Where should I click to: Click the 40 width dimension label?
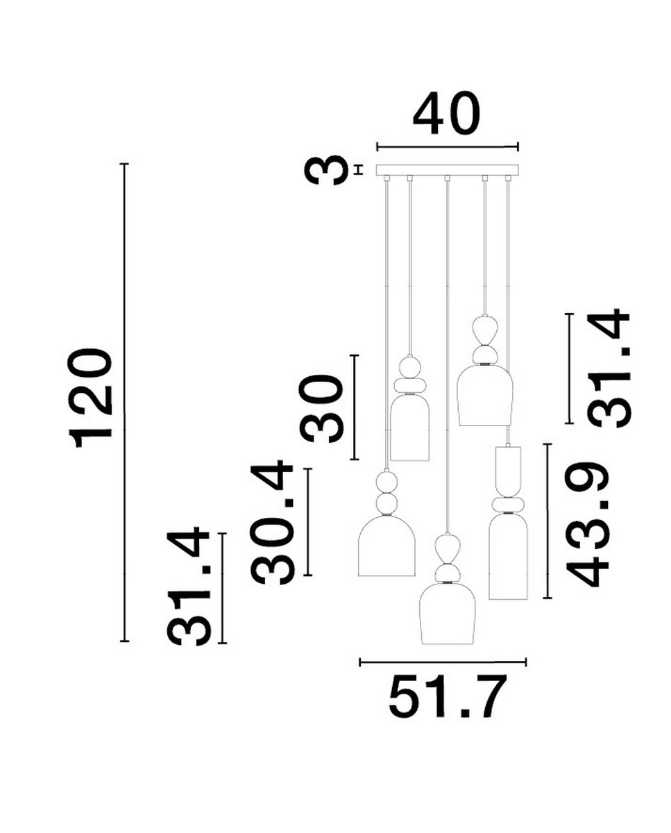click(446, 115)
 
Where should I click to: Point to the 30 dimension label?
click(323, 407)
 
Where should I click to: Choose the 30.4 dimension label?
click(273, 522)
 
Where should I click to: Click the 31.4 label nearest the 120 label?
click(189, 587)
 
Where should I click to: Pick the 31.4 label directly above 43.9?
click(609, 368)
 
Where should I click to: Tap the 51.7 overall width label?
click(444, 696)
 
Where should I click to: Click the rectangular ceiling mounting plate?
click(447, 170)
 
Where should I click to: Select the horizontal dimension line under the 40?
click(447, 146)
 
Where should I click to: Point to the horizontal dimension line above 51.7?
click(443, 662)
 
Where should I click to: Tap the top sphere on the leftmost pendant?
click(386, 480)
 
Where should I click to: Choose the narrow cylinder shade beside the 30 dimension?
click(409, 429)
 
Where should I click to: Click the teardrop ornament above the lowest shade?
click(447, 548)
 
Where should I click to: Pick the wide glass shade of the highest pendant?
click(484, 396)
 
